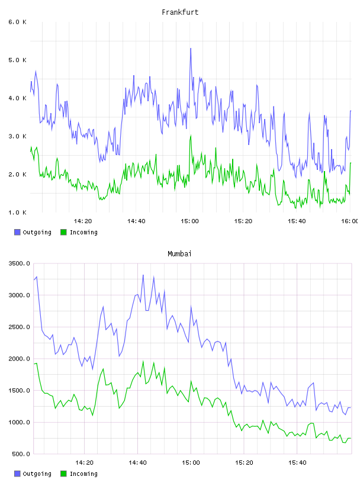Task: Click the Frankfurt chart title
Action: pyautogui.click(x=180, y=12)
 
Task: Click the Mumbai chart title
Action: pyautogui.click(x=179, y=254)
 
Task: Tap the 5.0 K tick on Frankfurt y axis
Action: pyautogui.click(x=17, y=60)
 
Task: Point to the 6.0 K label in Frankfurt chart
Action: pyautogui.click(x=17, y=22)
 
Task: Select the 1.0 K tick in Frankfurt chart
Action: pyautogui.click(x=17, y=212)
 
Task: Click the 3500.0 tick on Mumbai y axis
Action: pyautogui.click(x=19, y=263)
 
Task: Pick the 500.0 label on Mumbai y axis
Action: pyautogui.click(x=21, y=454)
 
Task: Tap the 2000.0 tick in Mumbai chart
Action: pyautogui.click(x=19, y=359)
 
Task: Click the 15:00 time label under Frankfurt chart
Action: pyautogui.click(x=189, y=221)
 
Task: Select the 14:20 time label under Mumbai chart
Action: pyautogui.click(x=84, y=463)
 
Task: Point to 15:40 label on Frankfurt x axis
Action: pyautogui.click(x=297, y=221)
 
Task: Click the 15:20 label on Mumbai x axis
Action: pyautogui.click(x=244, y=463)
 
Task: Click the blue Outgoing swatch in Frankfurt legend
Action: pyautogui.click(x=17, y=232)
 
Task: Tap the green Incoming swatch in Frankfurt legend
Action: pyautogui.click(x=63, y=232)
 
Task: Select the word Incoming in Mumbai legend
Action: pyautogui.click(x=83, y=474)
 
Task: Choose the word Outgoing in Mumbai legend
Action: pyautogui.click(x=37, y=474)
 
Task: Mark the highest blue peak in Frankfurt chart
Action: pyautogui.click(x=191, y=49)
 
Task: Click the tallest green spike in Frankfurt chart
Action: pyautogui.click(x=191, y=136)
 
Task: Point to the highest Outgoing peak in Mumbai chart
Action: pyautogui.click(x=143, y=275)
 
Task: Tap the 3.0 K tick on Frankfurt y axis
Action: pyautogui.click(x=17, y=137)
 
